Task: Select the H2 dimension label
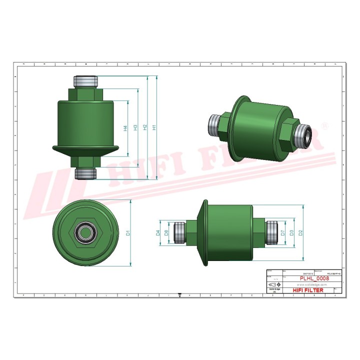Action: click(145, 128)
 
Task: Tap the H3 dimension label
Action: click(135, 128)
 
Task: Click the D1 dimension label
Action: click(128, 232)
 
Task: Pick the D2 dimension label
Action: click(300, 232)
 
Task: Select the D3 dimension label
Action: click(291, 232)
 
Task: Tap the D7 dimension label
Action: click(282, 232)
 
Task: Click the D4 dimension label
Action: click(158, 232)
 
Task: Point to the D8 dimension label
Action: click(167, 232)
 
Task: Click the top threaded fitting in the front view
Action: click(85, 80)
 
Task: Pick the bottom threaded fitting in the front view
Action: click(85, 173)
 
